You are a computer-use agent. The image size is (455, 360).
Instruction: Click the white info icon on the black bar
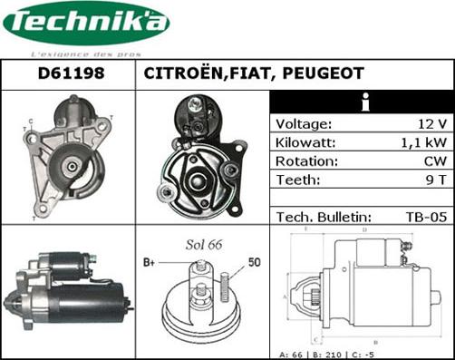[x=364, y=102]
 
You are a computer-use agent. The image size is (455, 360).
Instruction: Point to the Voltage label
[x=304, y=124]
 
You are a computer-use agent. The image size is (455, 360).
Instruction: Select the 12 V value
[x=431, y=124]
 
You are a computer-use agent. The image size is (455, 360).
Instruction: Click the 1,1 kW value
[x=425, y=143]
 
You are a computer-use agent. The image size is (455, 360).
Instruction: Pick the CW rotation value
[x=435, y=161]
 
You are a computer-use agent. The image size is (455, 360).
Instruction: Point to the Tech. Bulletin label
[x=324, y=217]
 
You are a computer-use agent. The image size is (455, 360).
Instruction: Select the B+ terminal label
[x=150, y=262]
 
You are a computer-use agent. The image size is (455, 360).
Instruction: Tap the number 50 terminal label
[x=255, y=262]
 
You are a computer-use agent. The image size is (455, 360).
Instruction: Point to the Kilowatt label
[x=305, y=143]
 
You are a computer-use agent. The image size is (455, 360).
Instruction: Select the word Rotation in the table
[x=305, y=161]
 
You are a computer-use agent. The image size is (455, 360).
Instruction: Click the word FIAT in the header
[x=247, y=73]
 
